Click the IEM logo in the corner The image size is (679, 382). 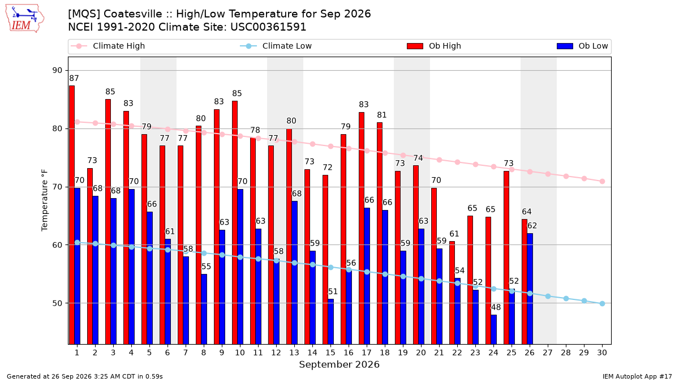pyautogui.click(x=24, y=19)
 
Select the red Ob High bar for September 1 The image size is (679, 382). pyautogui.click(x=72, y=215)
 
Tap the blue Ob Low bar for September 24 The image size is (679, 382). pyautogui.click(x=494, y=329)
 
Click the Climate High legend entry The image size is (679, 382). pyautogui.click(x=108, y=46)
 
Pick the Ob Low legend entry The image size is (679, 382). pyautogui.click(x=582, y=46)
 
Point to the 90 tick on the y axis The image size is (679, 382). pyautogui.click(x=57, y=70)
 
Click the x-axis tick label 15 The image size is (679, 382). pyautogui.click(x=330, y=353)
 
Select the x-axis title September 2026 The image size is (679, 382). pyautogui.click(x=339, y=364)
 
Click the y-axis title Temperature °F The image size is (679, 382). pyautogui.click(x=45, y=200)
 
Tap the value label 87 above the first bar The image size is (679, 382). pyautogui.click(x=74, y=79)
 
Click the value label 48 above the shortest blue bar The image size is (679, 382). pyautogui.click(x=496, y=307)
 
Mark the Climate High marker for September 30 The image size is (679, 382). pyautogui.click(x=602, y=181)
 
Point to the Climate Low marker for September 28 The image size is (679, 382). pyautogui.click(x=566, y=299)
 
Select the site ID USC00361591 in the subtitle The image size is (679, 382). pyautogui.click(x=268, y=27)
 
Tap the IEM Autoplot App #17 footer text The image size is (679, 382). pyautogui.click(x=637, y=376)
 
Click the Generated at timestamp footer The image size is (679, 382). pyautogui.click(x=84, y=376)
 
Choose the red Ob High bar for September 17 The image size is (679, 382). pyautogui.click(x=362, y=228)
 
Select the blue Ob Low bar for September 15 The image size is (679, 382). pyautogui.click(x=330, y=321)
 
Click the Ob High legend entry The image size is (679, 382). pyautogui.click(x=434, y=46)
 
